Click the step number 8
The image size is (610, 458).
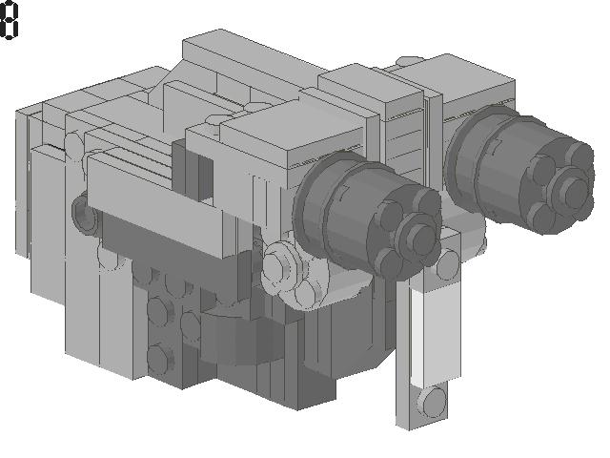pos(10,22)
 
